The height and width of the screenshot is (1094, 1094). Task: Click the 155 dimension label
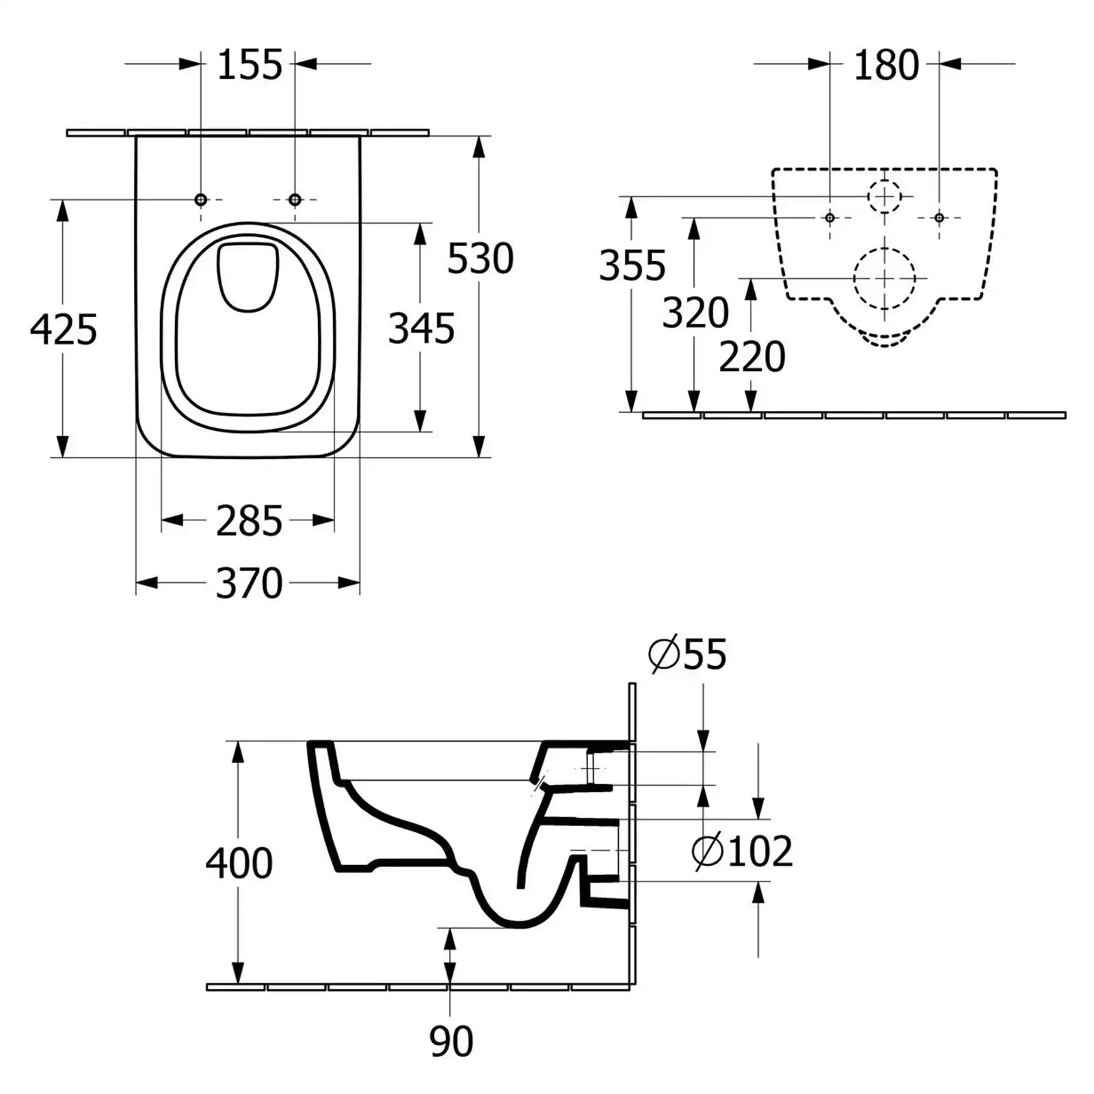[250, 65]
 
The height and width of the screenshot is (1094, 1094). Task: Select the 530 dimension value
[480, 258]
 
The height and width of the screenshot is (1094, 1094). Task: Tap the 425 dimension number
[64, 330]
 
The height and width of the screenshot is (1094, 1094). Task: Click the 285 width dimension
[249, 521]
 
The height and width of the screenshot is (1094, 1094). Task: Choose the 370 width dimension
[249, 583]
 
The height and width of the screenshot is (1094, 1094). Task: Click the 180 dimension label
[886, 66]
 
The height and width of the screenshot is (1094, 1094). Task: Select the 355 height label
[632, 265]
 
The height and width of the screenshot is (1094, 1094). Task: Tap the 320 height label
[695, 312]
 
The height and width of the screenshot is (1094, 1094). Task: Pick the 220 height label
[752, 357]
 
